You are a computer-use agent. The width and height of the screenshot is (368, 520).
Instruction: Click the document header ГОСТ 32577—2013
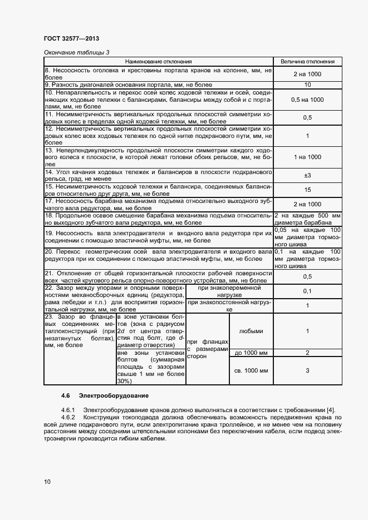(71, 39)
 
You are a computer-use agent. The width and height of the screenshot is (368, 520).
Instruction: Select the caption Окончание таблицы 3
(76, 52)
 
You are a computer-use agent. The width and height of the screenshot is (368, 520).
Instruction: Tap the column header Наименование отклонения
(158, 61)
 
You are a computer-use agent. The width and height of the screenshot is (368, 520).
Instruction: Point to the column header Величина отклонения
(307, 61)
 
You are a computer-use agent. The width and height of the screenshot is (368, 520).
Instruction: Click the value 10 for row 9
(307, 85)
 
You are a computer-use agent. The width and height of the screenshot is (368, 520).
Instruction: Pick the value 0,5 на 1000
(307, 99)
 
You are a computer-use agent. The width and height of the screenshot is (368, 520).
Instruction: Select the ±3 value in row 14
(307, 175)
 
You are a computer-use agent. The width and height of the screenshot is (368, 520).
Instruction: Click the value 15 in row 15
(307, 190)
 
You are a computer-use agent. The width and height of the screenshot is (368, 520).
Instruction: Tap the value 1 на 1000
(307, 157)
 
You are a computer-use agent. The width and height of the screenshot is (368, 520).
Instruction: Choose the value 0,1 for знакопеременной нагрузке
(307, 291)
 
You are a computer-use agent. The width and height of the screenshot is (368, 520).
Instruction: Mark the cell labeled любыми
(251, 331)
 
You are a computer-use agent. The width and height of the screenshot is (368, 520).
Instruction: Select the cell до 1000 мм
(251, 353)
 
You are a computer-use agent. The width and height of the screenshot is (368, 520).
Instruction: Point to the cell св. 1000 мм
(251, 371)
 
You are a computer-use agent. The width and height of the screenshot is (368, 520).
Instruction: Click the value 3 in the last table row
(307, 371)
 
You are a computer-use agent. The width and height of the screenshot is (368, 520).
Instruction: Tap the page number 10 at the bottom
(47, 482)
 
